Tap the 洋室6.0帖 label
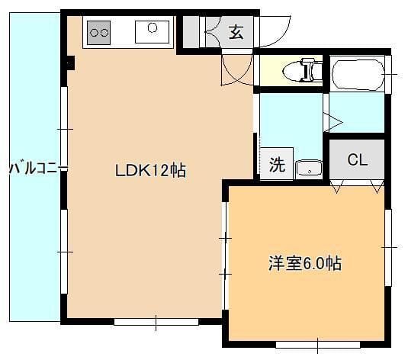coord(304,265)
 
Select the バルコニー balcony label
coord(37,169)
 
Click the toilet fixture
coord(301,72)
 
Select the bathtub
coord(358,73)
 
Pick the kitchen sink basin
coord(152,31)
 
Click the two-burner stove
coord(99,32)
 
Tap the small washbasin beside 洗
coord(307,169)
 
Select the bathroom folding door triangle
coord(333,120)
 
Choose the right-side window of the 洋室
coord(388,246)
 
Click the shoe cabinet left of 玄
coord(191,33)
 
